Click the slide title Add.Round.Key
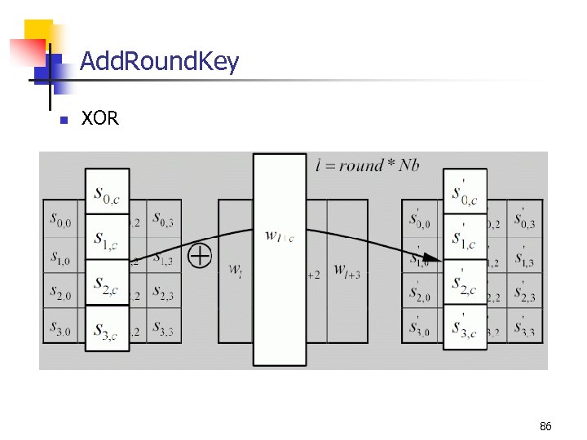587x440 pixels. point(160,61)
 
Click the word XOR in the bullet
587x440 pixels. point(100,119)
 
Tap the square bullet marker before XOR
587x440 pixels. point(63,120)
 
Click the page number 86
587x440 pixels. point(545,426)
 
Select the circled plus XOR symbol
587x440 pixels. point(200,256)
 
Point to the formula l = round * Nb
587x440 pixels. point(368,165)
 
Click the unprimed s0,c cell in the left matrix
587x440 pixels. point(107,193)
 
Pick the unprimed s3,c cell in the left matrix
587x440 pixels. point(107,328)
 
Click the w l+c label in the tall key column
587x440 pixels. point(280,236)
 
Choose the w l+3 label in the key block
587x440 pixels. point(346,273)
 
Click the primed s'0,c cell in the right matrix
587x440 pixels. point(465,193)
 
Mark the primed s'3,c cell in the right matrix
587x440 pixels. point(465,328)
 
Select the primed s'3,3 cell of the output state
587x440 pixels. point(525,328)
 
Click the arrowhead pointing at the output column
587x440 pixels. point(435,260)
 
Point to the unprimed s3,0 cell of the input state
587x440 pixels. point(60,329)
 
